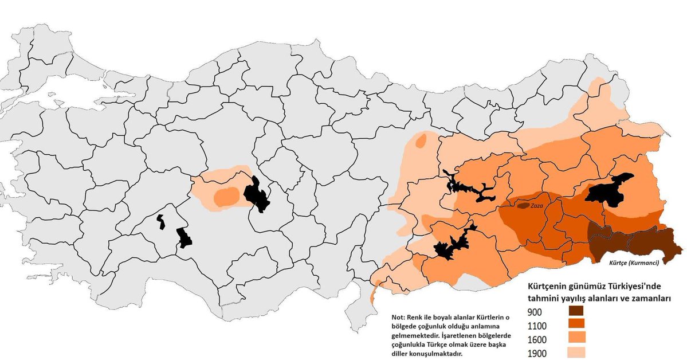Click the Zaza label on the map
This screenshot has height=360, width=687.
pos(536,205)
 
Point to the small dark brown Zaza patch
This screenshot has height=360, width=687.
pos(523,205)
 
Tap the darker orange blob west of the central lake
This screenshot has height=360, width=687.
pos(227,196)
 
